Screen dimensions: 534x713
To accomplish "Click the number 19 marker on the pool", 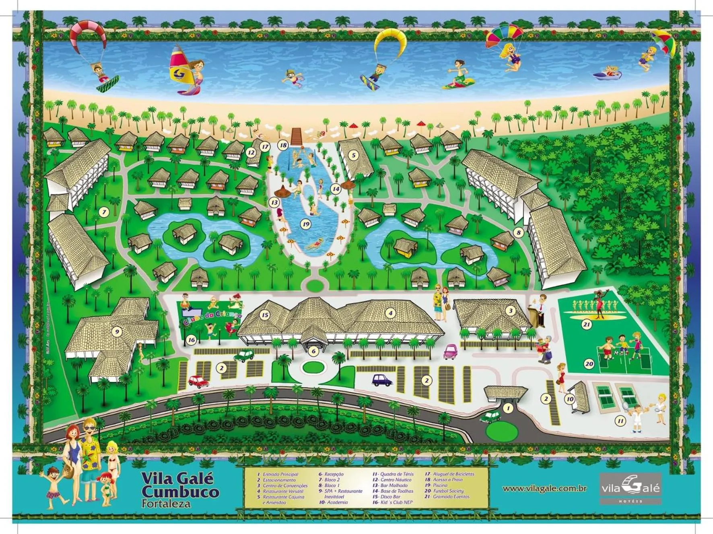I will pyautogui.click(x=306, y=224).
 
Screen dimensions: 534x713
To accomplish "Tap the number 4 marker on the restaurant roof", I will pyautogui.click(x=389, y=312).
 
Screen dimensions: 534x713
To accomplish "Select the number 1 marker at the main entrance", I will pyautogui.click(x=508, y=408).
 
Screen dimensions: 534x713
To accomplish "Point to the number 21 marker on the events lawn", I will pyautogui.click(x=587, y=324).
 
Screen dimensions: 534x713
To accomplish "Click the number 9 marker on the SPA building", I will pyautogui.click(x=117, y=332).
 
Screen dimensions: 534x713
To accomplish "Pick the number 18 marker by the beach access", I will pyautogui.click(x=283, y=145).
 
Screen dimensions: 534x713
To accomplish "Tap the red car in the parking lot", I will pyautogui.click(x=198, y=381).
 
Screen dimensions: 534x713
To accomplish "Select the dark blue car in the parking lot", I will pyautogui.click(x=381, y=380).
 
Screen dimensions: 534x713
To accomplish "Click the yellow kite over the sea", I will pyautogui.click(x=389, y=40).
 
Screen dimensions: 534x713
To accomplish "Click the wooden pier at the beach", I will pyautogui.click(x=297, y=136).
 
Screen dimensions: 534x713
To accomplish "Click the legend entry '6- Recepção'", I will pyautogui.click(x=331, y=474).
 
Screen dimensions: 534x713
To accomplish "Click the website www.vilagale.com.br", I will pyautogui.click(x=544, y=489).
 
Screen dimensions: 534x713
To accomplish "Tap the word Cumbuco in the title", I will pyautogui.click(x=180, y=491).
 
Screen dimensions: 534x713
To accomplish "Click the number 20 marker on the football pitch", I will pyautogui.click(x=589, y=364).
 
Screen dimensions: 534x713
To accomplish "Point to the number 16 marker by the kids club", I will pyautogui.click(x=191, y=340).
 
